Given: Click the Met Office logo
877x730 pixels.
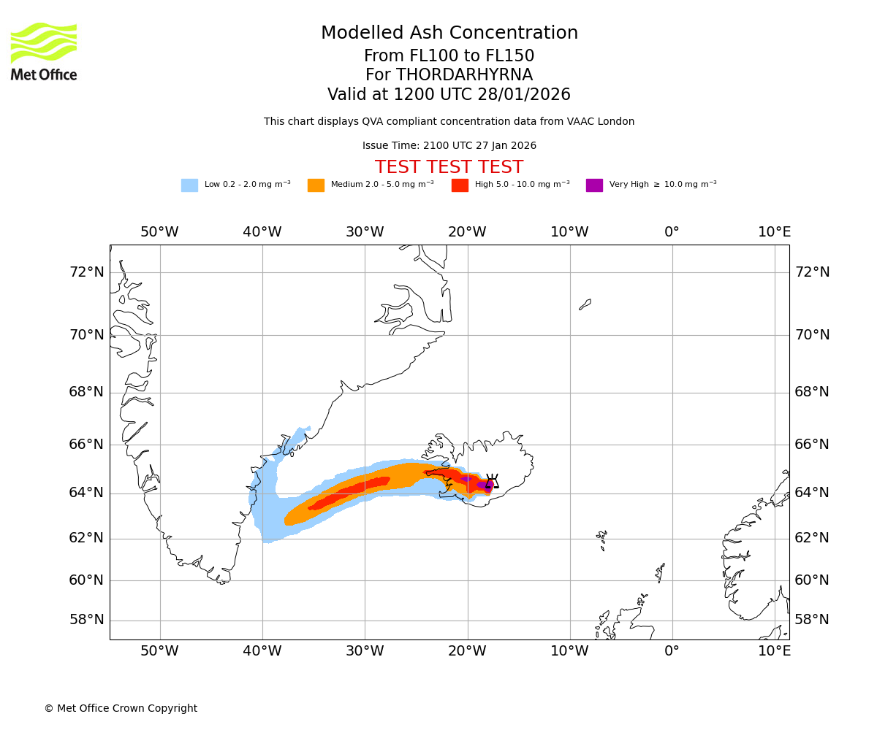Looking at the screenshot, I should pos(44,51).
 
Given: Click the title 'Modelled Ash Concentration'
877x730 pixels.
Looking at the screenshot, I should pos(449,34).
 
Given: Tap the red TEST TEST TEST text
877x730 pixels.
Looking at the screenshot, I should pos(449,167).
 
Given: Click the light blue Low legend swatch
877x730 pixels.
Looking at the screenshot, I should pos(189,185).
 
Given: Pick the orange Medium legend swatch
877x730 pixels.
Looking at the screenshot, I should pos(316,185).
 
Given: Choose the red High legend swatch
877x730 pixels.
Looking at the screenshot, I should pos(460,185).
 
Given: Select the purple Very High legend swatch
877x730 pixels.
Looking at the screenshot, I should pos(594,185).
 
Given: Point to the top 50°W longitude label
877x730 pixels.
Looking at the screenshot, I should pos(159,232).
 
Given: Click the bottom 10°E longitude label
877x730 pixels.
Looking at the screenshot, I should pos(774,651).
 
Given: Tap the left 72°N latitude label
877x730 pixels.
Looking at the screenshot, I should pos(86,272).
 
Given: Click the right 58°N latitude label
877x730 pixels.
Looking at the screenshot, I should pos(812,620).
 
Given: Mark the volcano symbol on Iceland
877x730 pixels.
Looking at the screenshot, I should pos(492,481).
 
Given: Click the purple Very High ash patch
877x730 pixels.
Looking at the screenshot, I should pos(482,484).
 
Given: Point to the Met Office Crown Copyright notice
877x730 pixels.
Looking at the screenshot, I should pos(121,709).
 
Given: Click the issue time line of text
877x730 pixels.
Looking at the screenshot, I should pos(449,146).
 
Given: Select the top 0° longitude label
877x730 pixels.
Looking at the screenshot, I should pos(672,232).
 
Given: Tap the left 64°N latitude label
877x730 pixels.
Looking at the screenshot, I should pos(86,493).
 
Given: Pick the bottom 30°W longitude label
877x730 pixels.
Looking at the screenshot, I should pos(365,651).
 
